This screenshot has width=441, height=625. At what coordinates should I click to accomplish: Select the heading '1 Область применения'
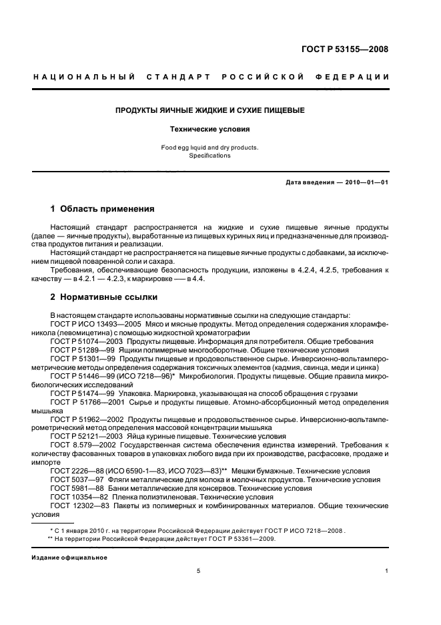click(x=103, y=209)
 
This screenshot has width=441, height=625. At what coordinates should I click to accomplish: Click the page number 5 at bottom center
click(x=198, y=572)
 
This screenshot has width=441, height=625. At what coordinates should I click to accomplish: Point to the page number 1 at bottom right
click(x=386, y=572)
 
